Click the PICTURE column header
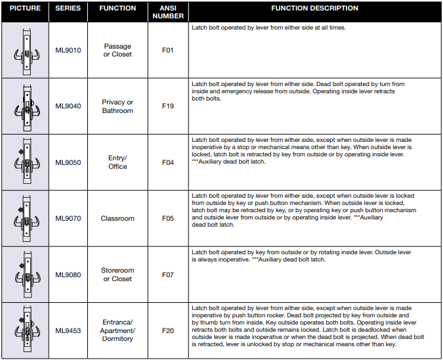pos(25,9)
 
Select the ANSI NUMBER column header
pos(167,12)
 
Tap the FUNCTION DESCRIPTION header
pos(314,9)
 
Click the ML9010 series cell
pos(68,50)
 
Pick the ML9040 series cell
pos(68,106)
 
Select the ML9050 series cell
pos(68,162)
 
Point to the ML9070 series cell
pos(68,219)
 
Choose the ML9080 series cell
pos(68,275)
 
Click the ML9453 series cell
pos(68,330)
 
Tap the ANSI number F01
pos(167,50)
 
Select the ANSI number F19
pos(167,106)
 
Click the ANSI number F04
pos(167,162)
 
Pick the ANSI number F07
pos(167,275)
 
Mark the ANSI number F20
pos(167,330)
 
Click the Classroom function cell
pos(117,219)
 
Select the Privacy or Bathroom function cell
pos(117,106)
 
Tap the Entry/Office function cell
pos(117,162)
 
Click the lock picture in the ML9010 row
pos(25,50)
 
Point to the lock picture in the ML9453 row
pos(25,330)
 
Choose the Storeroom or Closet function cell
pos(117,275)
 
